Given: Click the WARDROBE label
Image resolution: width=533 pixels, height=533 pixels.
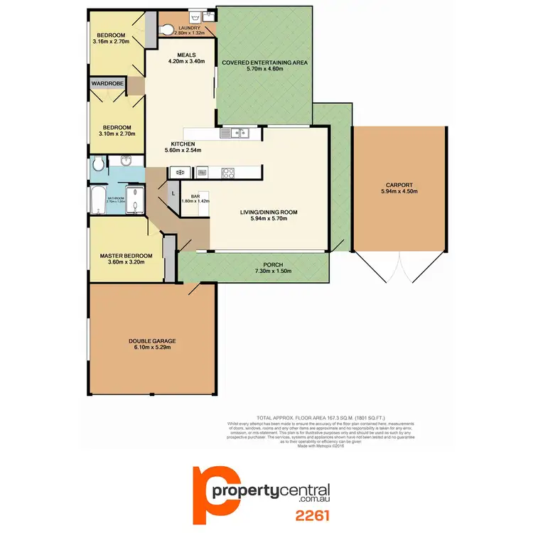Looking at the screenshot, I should (106, 83).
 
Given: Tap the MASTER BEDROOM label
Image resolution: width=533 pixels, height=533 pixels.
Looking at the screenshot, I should (126, 256).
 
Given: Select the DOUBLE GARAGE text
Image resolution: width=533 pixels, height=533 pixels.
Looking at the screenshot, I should (153, 341).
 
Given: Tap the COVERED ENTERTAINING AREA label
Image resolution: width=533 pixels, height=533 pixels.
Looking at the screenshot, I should (264, 63).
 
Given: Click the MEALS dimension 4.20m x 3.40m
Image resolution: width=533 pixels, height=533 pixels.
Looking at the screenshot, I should (186, 61).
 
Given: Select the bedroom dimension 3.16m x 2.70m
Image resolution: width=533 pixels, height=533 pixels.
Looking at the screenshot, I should (112, 42).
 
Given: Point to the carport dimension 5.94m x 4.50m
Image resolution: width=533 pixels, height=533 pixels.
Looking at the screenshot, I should (399, 190).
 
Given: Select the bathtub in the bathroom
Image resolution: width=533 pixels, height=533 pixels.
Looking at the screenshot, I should (95, 201).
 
